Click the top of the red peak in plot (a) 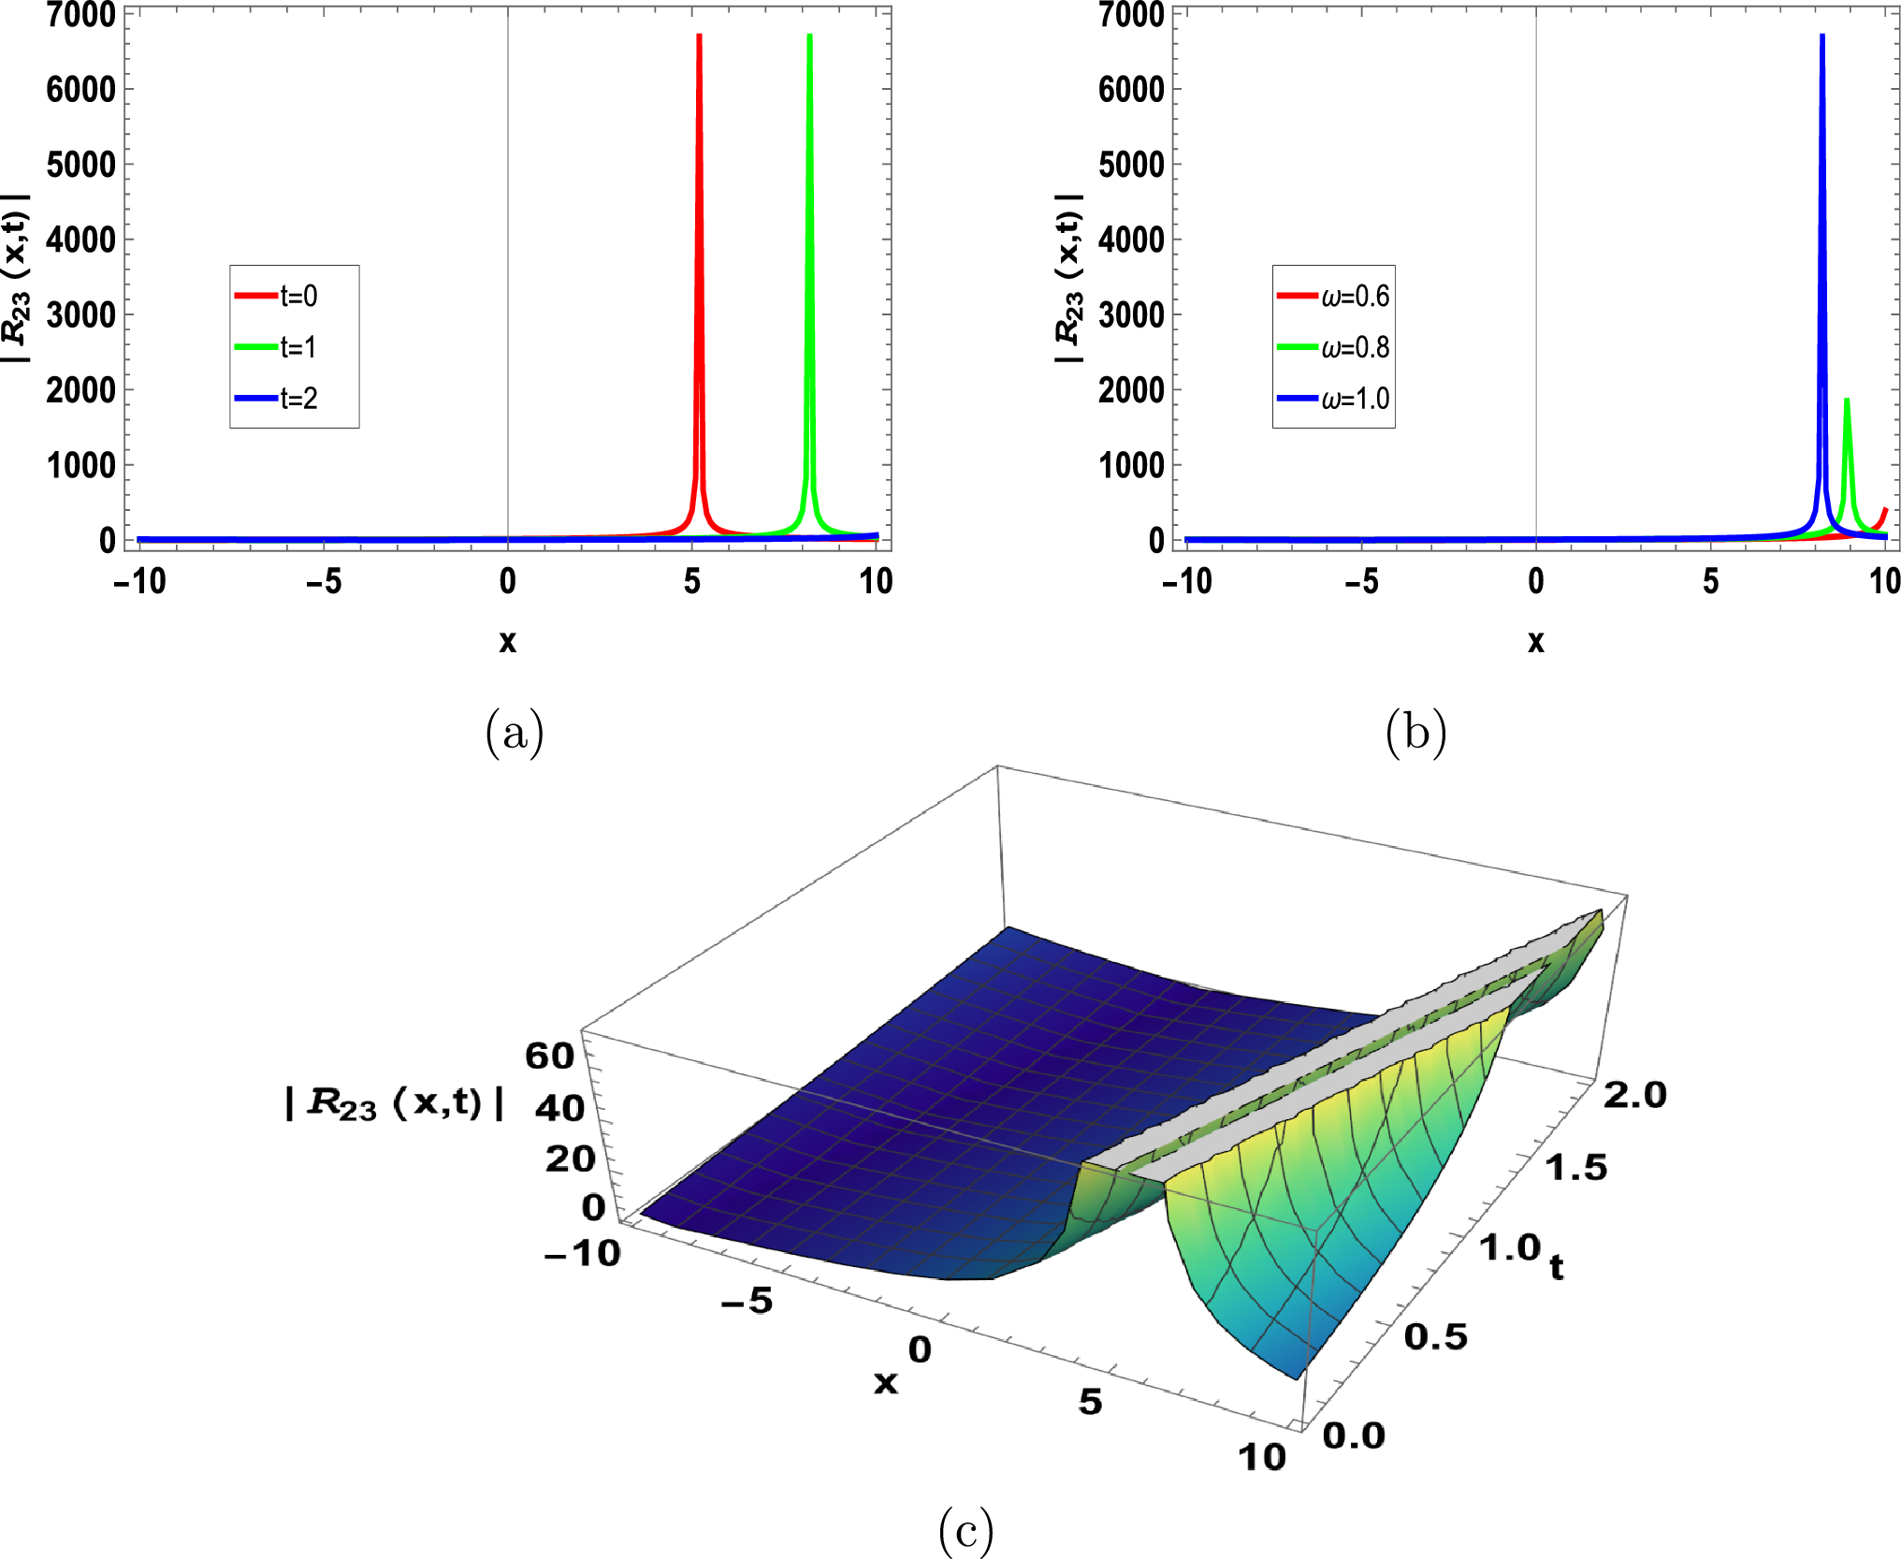(700, 36)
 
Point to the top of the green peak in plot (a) (809, 36)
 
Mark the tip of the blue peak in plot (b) (1822, 36)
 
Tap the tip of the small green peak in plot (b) (1847, 401)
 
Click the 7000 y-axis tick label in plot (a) (81, 15)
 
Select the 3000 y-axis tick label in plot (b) (1132, 315)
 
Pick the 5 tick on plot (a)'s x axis (692, 582)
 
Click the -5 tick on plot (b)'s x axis (1362, 582)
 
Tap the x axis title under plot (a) (507, 642)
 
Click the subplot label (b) (1415, 732)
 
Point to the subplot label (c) (965, 1531)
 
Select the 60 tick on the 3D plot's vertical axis (549, 1056)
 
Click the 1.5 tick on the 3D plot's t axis (1575, 1167)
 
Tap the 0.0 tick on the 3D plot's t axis (1354, 1435)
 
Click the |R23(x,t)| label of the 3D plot (395, 1103)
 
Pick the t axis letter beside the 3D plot (1556, 1268)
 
